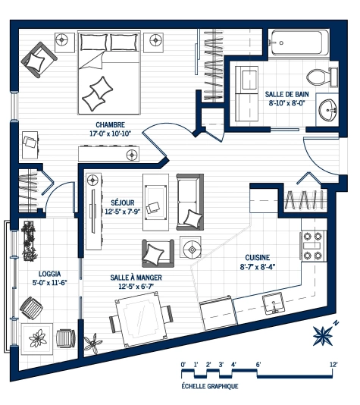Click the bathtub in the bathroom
[299, 44]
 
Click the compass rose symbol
[324, 334]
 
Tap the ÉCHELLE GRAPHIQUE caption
[210, 386]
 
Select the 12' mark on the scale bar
[333, 365]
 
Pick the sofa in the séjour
[189, 201]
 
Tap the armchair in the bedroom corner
[39, 57]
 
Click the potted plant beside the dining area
[92, 343]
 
